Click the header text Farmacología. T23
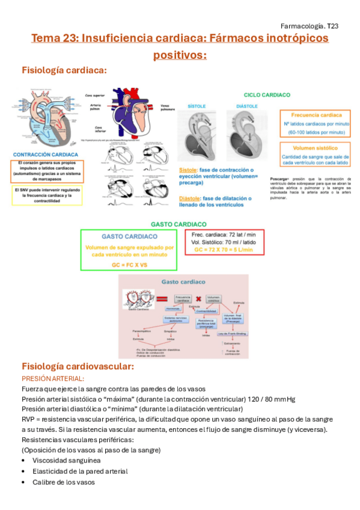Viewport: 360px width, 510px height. coord(310,26)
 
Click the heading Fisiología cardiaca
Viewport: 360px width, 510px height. coord(64,70)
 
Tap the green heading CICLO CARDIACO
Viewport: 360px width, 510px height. coord(267,95)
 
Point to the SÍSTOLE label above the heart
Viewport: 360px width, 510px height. coord(197,106)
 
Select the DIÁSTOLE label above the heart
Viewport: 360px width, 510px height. coord(247,106)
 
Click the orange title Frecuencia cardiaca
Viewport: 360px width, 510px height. coord(317,115)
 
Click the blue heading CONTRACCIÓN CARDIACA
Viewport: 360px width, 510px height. coord(47,155)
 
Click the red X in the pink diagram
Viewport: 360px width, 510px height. coord(198,300)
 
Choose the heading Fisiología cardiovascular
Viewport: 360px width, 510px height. coord(78,366)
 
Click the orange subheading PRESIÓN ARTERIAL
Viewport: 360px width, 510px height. coord(53,378)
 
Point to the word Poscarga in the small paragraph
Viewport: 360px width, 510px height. coord(281,179)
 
